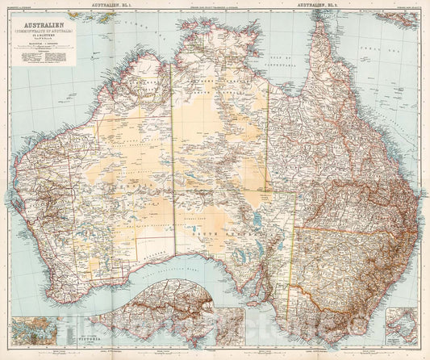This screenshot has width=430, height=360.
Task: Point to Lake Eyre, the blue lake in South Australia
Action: coord(257,216)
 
